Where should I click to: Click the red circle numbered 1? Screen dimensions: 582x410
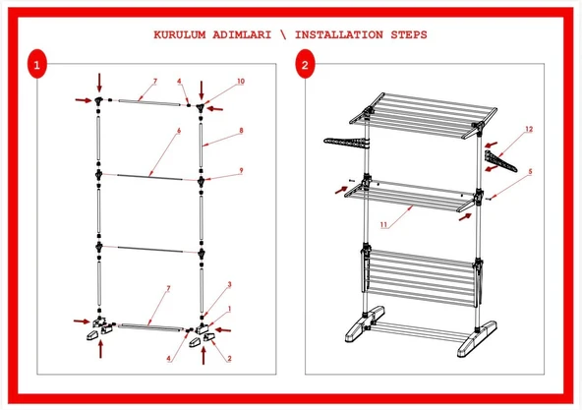tap(37, 64)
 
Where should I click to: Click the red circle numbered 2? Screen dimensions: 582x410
tap(305, 64)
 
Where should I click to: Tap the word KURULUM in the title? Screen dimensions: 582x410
tap(180, 34)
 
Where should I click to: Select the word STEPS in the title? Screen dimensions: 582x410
tap(409, 34)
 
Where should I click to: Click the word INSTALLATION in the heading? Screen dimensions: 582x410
tap(338, 34)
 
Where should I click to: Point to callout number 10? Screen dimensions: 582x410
tap(241, 81)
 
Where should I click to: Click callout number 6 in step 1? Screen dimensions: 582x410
tap(179, 131)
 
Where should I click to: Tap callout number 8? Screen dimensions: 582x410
tap(241, 131)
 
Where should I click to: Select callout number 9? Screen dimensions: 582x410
tap(241, 170)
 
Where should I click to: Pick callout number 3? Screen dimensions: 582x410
tap(229, 284)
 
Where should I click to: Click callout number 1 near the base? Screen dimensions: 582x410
tap(229, 309)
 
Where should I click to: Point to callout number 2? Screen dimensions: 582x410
tap(229, 358)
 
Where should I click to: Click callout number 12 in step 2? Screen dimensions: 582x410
tap(529, 129)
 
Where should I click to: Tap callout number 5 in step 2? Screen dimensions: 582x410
tap(530, 171)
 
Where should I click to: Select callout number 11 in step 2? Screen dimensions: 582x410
tap(383, 224)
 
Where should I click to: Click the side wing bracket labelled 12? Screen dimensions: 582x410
tap(500, 161)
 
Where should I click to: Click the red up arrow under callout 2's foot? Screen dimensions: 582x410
tap(204, 355)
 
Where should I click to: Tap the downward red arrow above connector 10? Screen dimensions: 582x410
tap(202, 90)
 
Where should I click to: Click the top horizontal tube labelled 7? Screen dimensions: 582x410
tap(149, 102)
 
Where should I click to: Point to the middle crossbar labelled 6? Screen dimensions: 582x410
tap(149, 177)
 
